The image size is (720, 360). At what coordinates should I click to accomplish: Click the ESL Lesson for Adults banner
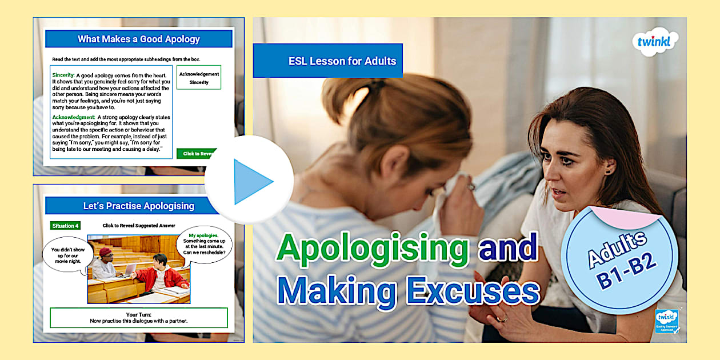coord(328,61)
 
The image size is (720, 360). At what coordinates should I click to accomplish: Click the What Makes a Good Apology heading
coord(139,39)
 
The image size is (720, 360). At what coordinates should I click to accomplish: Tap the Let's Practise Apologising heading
coord(139,206)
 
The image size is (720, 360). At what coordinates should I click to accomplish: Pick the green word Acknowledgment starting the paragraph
coord(73,117)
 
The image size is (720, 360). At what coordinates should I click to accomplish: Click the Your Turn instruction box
coord(139,318)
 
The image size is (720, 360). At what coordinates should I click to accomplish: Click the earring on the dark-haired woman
coord(608,171)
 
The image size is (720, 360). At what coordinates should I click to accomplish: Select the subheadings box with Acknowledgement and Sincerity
coord(199,78)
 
